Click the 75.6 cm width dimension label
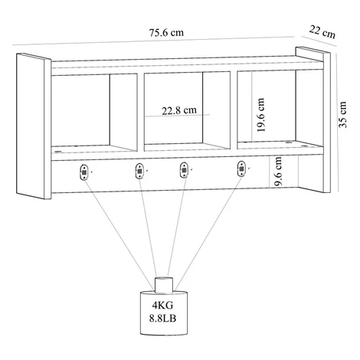point(166,33)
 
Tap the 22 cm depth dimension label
point(322,32)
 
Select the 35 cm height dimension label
point(342,115)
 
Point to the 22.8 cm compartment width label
point(179,110)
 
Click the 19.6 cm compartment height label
point(260,115)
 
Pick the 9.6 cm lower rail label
point(278,171)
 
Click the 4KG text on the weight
point(162,305)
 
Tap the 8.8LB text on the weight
point(162,318)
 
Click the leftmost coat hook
point(84,172)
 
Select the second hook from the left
point(139,171)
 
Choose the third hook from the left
point(184,170)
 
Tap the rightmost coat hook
point(241,169)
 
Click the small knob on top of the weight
point(164,285)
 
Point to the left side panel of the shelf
point(34,126)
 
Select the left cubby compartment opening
point(94,113)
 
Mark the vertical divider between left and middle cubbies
point(141,112)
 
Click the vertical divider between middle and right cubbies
point(234,110)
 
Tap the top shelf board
point(188,65)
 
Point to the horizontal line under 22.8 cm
point(178,116)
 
